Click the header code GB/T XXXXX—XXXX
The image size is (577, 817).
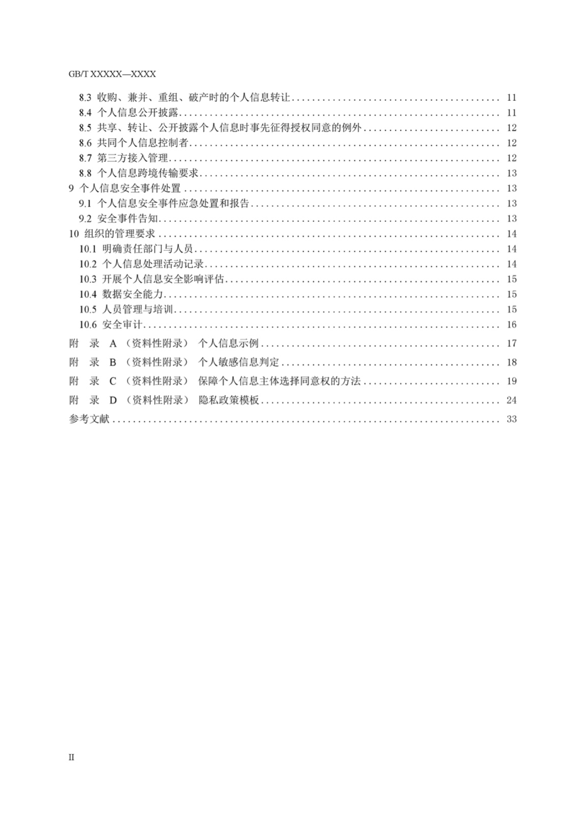pyautogui.click(x=112, y=74)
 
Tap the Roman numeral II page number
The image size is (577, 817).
pyautogui.click(x=71, y=757)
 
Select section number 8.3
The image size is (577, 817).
pyautogui.click(x=85, y=98)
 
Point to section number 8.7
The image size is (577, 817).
pyautogui.click(x=85, y=158)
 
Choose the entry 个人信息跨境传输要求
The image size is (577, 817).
pyautogui.click(x=147, y=173)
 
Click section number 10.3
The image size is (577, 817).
pyautogui.click(x=87, y=279)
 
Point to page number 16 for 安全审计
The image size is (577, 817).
pyautogui.click(x=512, y=325)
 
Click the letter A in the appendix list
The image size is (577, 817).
pyautogui.click(x=113, y=344)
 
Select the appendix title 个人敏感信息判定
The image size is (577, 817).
pyautogui.click(x=239, y=363)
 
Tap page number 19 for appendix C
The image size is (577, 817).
pyautogui.click(x=512, y=381)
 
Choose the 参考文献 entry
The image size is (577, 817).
pyautogui.click(x=89, y=419)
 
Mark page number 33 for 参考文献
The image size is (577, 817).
pyautogui.click(x=512, y=419)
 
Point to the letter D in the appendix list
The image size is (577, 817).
pyautogui.click(x=113, y=400)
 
